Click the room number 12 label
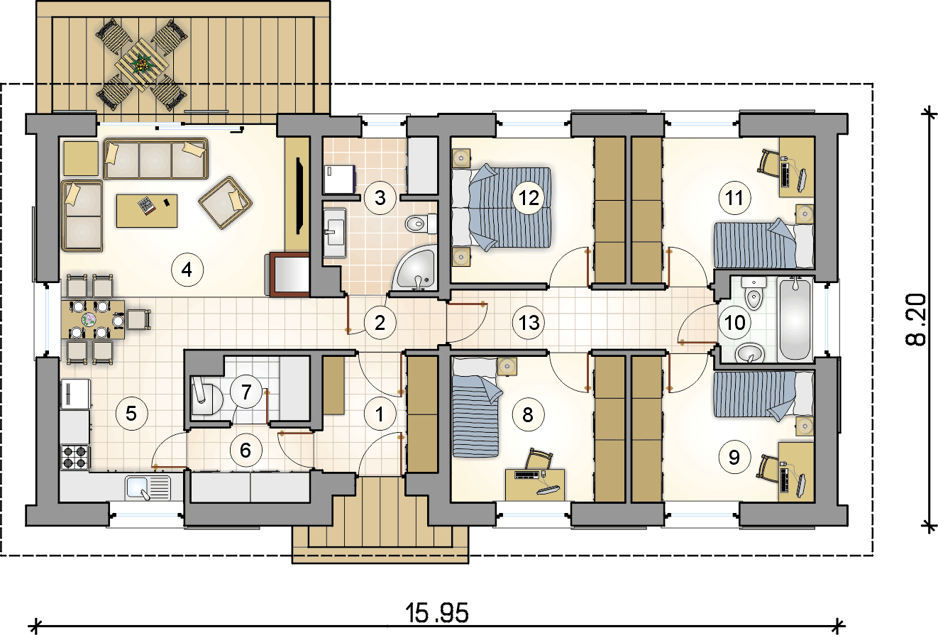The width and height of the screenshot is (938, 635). click(x=529, y=198)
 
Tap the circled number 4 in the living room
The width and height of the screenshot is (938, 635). click(x=187, y=270)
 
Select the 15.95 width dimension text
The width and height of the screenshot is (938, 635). click(x=437, y=613)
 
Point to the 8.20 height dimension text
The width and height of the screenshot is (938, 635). click(x=916, y=319)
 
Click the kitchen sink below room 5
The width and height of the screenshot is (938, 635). click(x=148, y=488)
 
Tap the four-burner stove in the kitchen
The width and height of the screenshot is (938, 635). click(x=76, y=457)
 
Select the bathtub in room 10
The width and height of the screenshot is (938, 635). click(x=795, y=319)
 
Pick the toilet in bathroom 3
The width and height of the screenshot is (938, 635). click(x=421, y=224)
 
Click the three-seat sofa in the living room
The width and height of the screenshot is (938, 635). click(x=155, y=160)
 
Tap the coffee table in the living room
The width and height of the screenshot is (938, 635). click(x=147, y=211)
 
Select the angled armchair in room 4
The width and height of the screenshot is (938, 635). click(x=226, y=203)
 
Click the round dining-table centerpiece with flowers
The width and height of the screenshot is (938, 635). click(x=89, y=320)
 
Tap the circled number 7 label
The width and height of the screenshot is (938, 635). click(x=246, y=392)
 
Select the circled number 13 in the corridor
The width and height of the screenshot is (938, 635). click(x=529, y=323)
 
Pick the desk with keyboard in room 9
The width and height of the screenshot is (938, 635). click(x=795, y=471)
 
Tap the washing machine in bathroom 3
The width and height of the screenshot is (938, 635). click(x=340, y=180)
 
